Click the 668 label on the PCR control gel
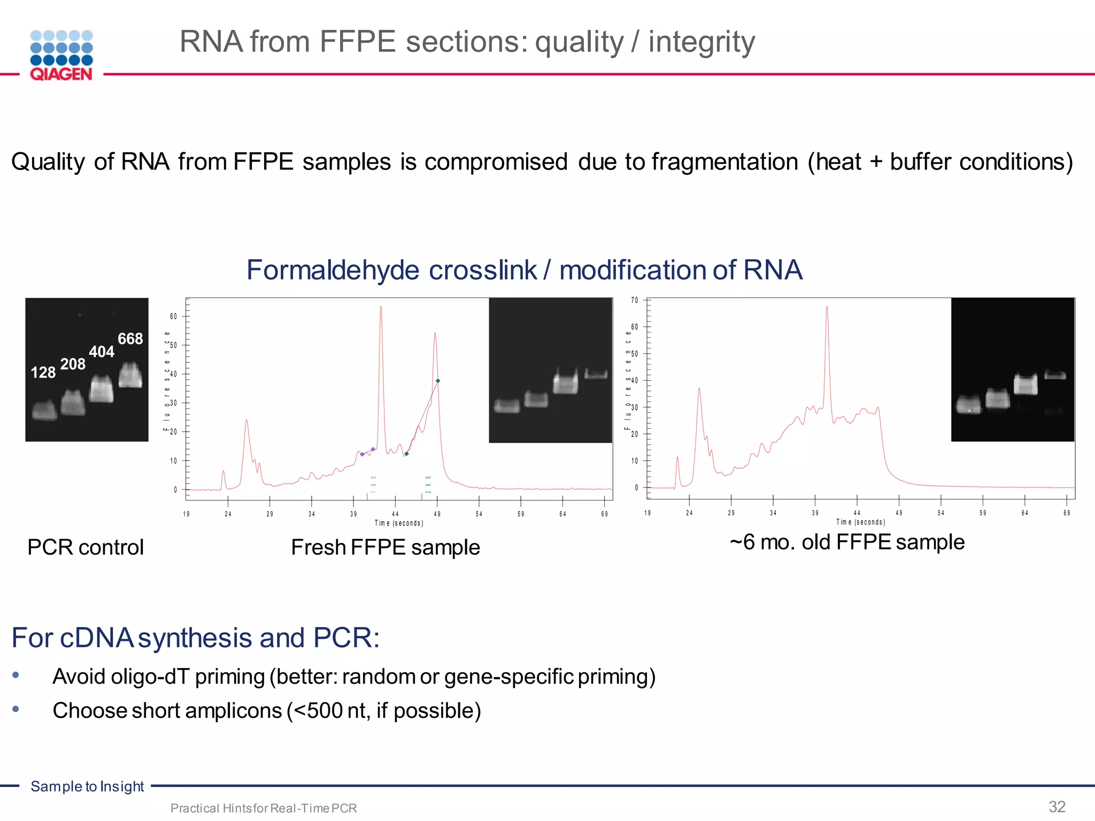(x=130, y=339)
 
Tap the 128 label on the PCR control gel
(x=43, y=373)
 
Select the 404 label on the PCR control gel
(x=102, y=352)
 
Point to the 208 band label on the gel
(x=73, y=364)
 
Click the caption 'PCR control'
(x=86, y=547)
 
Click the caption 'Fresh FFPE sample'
(x=385, y=547)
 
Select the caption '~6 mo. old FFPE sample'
(x=847, y=542)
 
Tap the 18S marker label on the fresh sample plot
(x=374, y=484)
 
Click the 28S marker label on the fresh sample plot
(x=428, y=484)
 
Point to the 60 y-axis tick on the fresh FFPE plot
(x=173, y=316)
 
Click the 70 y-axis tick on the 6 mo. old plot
(x=635, y=300)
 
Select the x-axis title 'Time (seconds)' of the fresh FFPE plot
(x=399, y=523)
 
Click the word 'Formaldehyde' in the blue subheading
(x=333, y=270)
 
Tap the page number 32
(x=1057, y=807)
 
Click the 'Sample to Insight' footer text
(x=87, y=786)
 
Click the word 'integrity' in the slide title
(x=701, y=42)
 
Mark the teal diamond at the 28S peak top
(x=438, y=381)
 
